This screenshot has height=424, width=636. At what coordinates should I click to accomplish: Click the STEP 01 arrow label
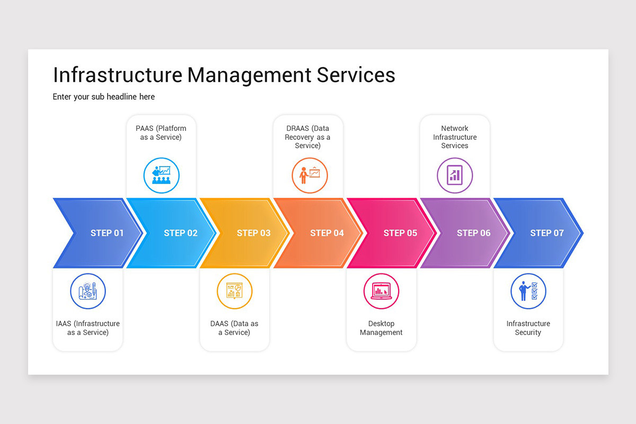point(107,233)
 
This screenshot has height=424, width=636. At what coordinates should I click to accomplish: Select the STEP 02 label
point(180,233)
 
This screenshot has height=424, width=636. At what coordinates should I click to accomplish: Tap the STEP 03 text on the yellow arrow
point(253,233)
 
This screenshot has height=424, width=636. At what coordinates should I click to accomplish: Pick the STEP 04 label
point(327,233)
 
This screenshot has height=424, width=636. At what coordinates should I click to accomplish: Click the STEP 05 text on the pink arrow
point(400,233)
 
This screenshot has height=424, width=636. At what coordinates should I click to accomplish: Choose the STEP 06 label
point(473,233)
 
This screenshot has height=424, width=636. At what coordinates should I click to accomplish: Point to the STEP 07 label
point(547,233)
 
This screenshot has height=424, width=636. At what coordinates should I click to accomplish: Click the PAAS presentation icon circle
point(162,175)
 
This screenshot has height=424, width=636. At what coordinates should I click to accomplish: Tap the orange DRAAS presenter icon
point(310,175)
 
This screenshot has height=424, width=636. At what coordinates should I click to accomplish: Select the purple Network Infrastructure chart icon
point(455,175)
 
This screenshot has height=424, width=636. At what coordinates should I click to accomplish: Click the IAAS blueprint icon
point(88,291)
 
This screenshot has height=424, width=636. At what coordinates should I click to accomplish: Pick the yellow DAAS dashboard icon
point(234,291)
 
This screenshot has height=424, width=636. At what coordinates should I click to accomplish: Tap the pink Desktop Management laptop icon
point(381,291)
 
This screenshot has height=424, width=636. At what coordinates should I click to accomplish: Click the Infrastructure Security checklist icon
point(528,291)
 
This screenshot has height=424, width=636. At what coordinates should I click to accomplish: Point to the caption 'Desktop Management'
point(381,328)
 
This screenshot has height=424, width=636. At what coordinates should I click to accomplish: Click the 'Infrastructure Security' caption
point(528,328)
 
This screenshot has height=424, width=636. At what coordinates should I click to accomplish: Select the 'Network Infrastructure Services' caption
point(455,137)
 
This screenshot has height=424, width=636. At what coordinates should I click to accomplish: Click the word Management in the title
point(250,75)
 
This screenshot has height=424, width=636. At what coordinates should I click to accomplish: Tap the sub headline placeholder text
point(104,96)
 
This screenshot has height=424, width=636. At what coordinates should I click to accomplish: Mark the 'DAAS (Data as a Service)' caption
point(234,328)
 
